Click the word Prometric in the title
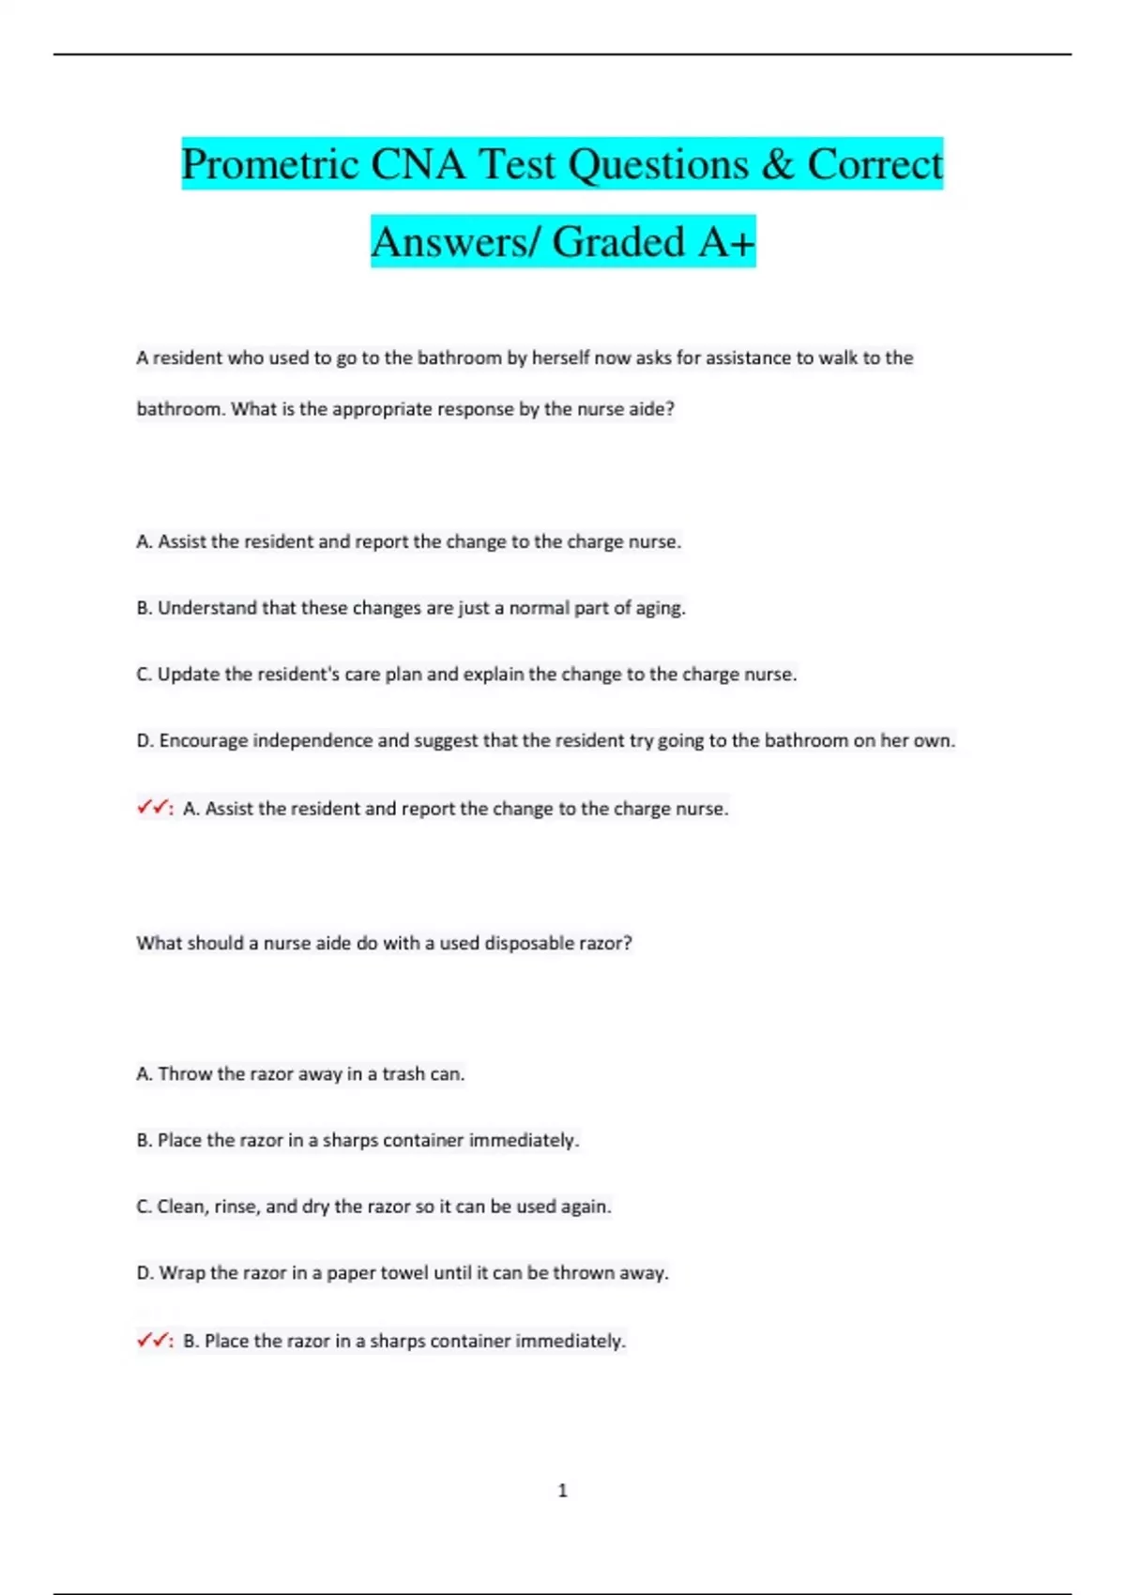point(269,165)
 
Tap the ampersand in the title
point(777,165)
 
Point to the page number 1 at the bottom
point(563,1490)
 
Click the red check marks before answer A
point(153,807)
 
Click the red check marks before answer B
point(153,1340)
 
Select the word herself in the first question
point(561,357)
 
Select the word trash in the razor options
point(403,1073)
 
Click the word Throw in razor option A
point(185,1073)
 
